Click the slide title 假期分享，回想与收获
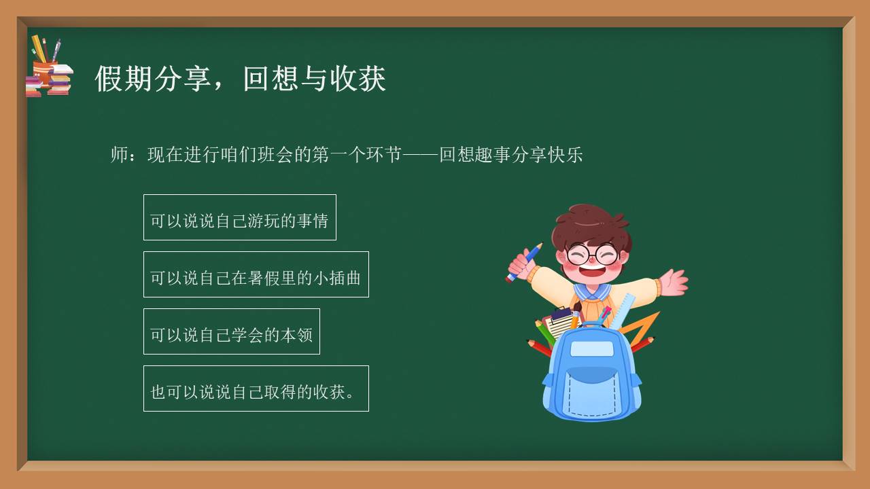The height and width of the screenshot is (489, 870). (240, 79)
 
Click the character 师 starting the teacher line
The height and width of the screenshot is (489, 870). (119, 155)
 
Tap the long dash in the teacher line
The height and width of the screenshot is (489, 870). (421, 155)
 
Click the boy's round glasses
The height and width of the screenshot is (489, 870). (591, 255)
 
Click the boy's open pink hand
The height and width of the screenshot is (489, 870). (673, 281)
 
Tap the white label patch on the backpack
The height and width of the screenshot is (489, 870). (591, 349)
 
